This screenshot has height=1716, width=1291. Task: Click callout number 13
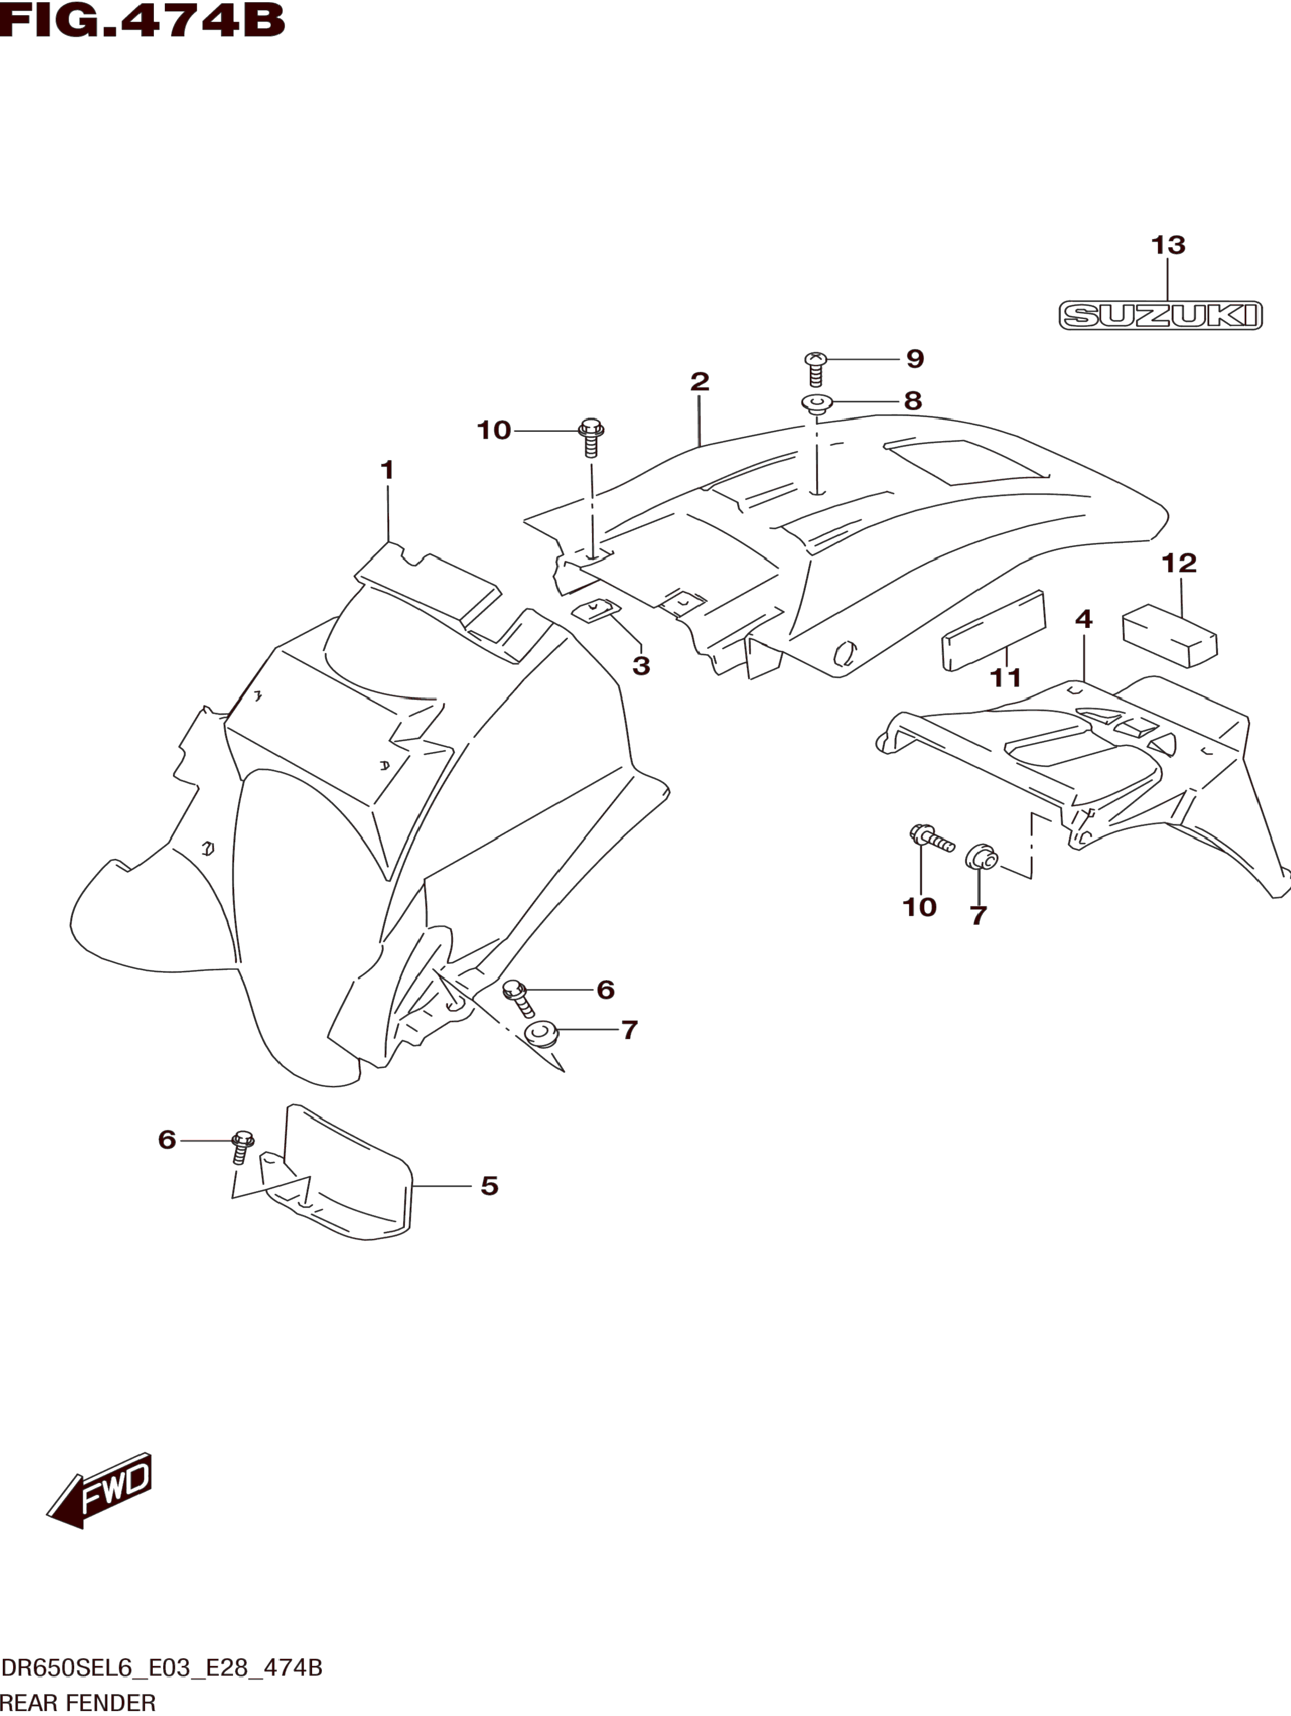point(1167,245)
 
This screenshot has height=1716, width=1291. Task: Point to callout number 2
point(699,381)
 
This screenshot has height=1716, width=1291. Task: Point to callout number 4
point(1084,619)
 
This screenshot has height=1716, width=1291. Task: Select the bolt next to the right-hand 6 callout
point(518,998)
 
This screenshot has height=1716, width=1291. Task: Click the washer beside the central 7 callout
point(541,1034)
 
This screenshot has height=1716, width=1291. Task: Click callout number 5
point(489,1186)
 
